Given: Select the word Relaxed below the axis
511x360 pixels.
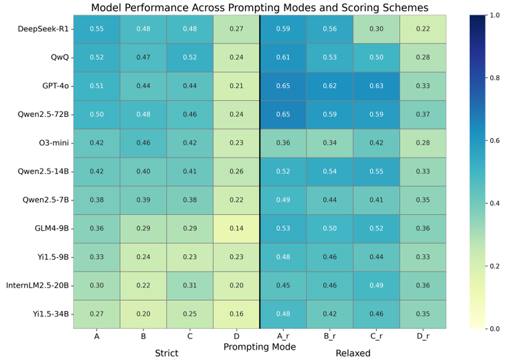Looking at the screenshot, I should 354,353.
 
